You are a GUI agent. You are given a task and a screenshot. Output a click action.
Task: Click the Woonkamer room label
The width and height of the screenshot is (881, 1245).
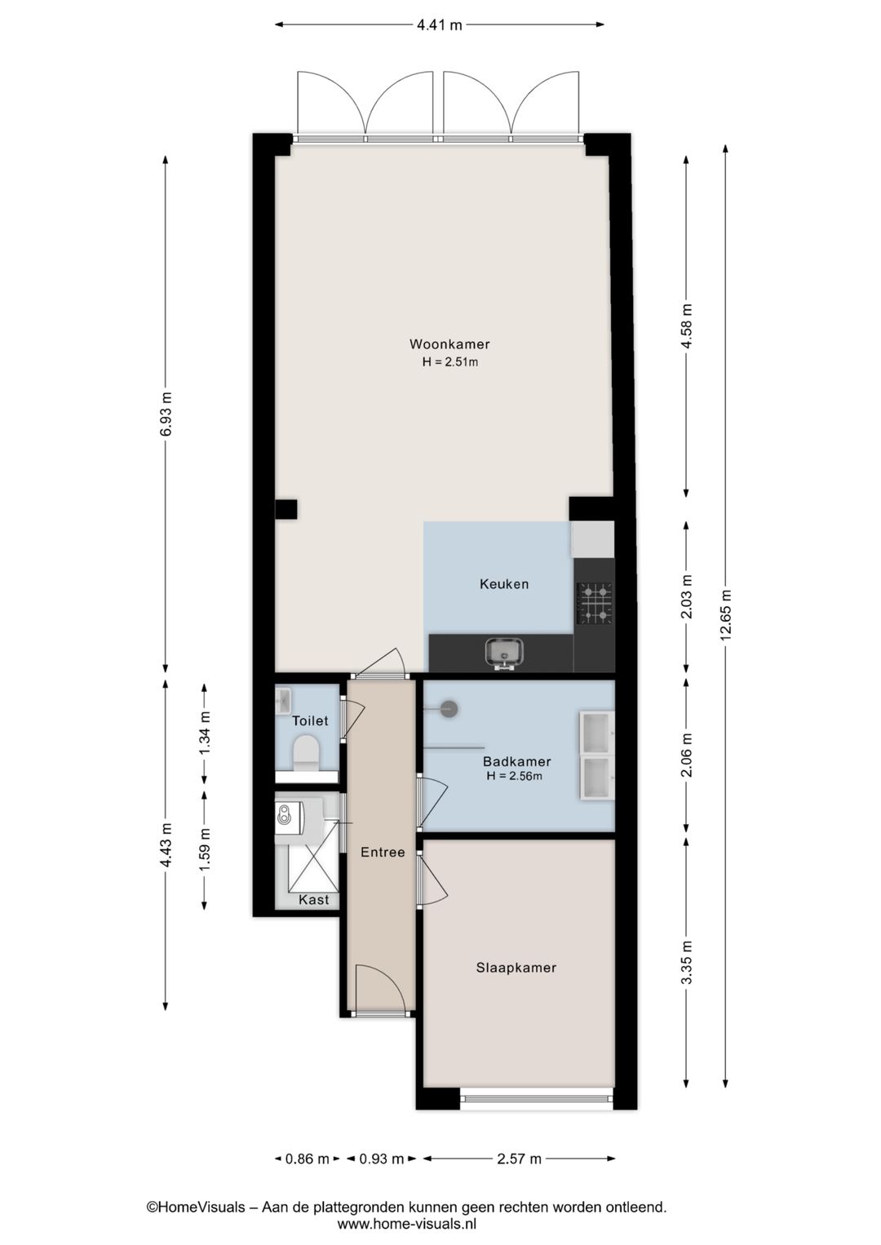click(449, 344)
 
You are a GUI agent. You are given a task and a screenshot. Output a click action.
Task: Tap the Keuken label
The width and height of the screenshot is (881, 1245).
click(504, 584)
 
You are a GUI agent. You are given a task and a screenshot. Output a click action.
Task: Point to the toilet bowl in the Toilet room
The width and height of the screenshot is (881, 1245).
click(306, 752)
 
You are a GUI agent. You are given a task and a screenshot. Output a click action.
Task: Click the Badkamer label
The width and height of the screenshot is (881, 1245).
click(517, 761)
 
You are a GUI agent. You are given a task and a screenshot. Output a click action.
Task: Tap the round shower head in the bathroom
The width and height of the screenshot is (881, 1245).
click(449, 709)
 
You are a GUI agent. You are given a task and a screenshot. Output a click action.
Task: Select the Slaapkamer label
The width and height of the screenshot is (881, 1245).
click(516, 968)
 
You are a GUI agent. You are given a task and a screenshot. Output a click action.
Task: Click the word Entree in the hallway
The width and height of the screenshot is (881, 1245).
click(383, 852)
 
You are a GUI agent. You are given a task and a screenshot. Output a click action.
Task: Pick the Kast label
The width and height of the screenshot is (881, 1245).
click(313, 900)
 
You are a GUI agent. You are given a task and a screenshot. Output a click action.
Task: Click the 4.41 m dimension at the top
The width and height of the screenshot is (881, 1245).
click(439, 25)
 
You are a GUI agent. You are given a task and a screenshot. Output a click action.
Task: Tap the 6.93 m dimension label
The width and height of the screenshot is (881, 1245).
click(166, 414)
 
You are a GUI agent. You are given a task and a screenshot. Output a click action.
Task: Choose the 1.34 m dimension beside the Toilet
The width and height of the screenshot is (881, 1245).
click(205, 733)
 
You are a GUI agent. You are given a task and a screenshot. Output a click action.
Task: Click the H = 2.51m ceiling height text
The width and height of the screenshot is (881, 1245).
click(450, 361)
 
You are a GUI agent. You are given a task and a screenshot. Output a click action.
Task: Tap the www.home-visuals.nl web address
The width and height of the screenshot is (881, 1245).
click(407, 1223)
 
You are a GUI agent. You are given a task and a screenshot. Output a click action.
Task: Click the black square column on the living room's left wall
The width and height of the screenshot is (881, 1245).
click(286, 509)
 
